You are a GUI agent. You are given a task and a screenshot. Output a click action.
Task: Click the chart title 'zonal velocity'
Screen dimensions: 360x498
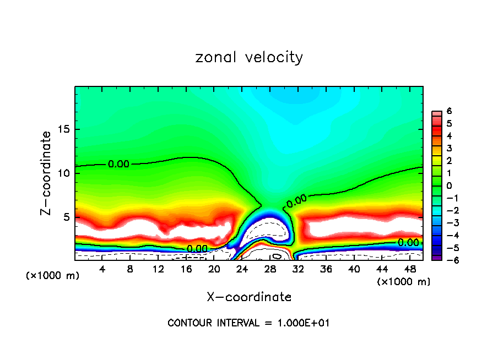(x=249, y=57)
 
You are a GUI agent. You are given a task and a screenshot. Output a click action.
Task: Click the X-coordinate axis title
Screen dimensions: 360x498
(x=249, y=297)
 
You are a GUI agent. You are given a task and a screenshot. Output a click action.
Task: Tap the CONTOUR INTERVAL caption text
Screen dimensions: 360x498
(x=248, y=323)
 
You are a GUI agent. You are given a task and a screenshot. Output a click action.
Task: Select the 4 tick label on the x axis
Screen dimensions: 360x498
(x=102, y=269)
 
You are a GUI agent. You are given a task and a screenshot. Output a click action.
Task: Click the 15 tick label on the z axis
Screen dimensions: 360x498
(x=64, y=129)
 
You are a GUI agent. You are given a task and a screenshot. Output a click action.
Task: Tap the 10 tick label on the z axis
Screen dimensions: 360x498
(x=64, y=173)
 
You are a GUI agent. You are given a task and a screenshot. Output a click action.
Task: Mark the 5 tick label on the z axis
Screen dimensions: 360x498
(x=67, y=217)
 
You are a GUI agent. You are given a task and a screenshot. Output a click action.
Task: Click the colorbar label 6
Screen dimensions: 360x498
(x=450, y=111)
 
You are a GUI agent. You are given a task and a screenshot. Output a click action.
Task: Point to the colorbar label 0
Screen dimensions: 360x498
(x=450, y=186)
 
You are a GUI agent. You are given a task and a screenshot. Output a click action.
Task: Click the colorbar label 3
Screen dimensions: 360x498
(x=450, y=148)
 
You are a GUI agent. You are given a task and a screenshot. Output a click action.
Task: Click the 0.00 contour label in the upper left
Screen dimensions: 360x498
(x=119, y=164)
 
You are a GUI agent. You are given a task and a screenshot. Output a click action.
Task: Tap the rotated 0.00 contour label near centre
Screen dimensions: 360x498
(x=296, y=201)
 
